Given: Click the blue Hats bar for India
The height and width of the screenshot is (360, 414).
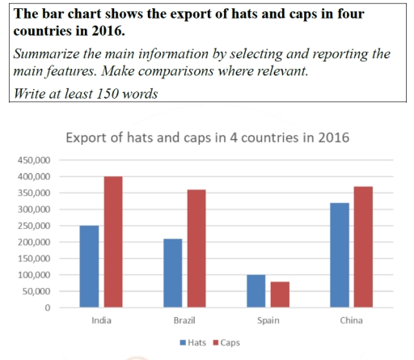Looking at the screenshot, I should point(89,266).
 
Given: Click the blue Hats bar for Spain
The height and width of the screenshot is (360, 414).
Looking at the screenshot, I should point(256,291).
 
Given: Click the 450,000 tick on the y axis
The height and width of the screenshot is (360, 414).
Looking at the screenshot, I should point(33,160).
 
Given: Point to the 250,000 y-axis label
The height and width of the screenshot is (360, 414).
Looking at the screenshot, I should point(33,226).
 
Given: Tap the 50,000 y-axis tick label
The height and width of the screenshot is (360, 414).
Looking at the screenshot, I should point(36,292).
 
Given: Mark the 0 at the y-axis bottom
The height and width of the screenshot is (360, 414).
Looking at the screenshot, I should point(48,308).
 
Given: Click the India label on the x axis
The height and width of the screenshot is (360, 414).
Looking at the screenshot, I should point(101,320).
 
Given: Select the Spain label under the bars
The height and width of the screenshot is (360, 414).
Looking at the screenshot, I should point(268,320).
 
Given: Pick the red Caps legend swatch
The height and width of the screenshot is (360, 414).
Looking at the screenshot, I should point(216,342).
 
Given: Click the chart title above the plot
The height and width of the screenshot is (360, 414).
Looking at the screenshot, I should point(207,137).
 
